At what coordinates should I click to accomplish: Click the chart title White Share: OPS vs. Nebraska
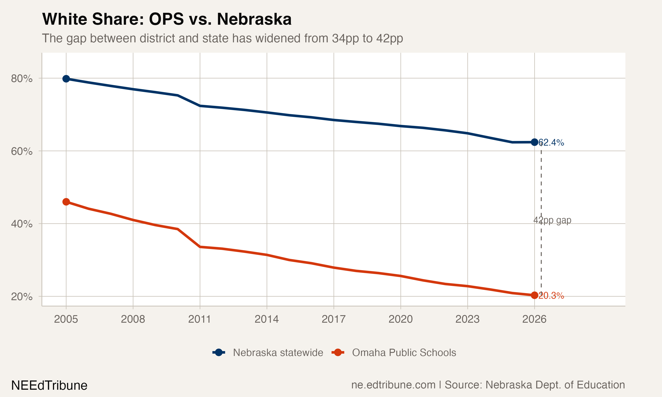pyautogui.click(x=167, y=19)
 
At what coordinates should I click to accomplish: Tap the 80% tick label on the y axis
pyautogui.click(x=22, y=79)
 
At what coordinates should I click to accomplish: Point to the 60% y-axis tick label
pyautogui.click(x=22, y=152)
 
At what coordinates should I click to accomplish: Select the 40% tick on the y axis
pyautogui.click(x=22, y=224)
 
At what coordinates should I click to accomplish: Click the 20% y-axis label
pyautogui.click(x=22, y=297)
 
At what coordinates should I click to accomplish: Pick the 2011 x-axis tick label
pyautogui.click(x=200, y=319)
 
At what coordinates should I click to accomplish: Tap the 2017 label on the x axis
pyautogui.click(x=333, y=319)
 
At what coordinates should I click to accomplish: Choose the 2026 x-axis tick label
pyautogui.click(x=534, y=319)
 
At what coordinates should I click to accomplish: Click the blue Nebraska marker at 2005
pyautogui.click(x=66, y=79)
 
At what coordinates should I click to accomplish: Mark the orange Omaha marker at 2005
pyautogui.click(x=66, y=202)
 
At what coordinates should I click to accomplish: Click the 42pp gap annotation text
pyautogui.click(x=552, y=220)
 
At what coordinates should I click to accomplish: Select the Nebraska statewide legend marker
pyautogui.click(x=219, y=352)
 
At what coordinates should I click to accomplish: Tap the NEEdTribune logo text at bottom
pyautogui.click(x=49, y=386)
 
